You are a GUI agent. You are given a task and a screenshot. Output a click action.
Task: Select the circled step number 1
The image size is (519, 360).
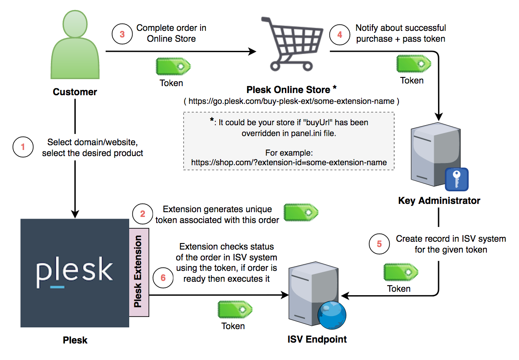pos(23,147)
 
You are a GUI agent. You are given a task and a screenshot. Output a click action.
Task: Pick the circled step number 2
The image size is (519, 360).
pos(142,214)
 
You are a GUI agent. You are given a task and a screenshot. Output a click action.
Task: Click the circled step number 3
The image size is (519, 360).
pos(122,34)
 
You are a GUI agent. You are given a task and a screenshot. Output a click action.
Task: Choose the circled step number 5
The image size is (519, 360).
pos(379,244)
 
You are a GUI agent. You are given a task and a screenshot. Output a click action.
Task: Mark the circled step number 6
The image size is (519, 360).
pos(163,277)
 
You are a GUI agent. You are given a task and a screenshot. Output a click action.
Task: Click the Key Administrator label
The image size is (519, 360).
pos(439,201)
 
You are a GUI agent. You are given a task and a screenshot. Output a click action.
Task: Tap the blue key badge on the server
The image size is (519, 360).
pos(456,179)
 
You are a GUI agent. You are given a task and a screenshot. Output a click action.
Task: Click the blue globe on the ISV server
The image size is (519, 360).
pos(331,317)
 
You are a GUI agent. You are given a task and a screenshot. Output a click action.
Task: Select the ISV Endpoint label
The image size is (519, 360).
pos(317,339)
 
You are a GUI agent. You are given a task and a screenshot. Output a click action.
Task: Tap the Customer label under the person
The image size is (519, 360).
pos(75,92)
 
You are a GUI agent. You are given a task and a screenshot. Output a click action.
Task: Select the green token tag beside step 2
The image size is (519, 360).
pos(301,212)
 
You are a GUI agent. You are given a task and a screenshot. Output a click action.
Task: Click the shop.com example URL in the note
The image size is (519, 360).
pos(289,163)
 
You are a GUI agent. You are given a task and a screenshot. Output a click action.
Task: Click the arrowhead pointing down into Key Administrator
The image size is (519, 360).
pos(439,116)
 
